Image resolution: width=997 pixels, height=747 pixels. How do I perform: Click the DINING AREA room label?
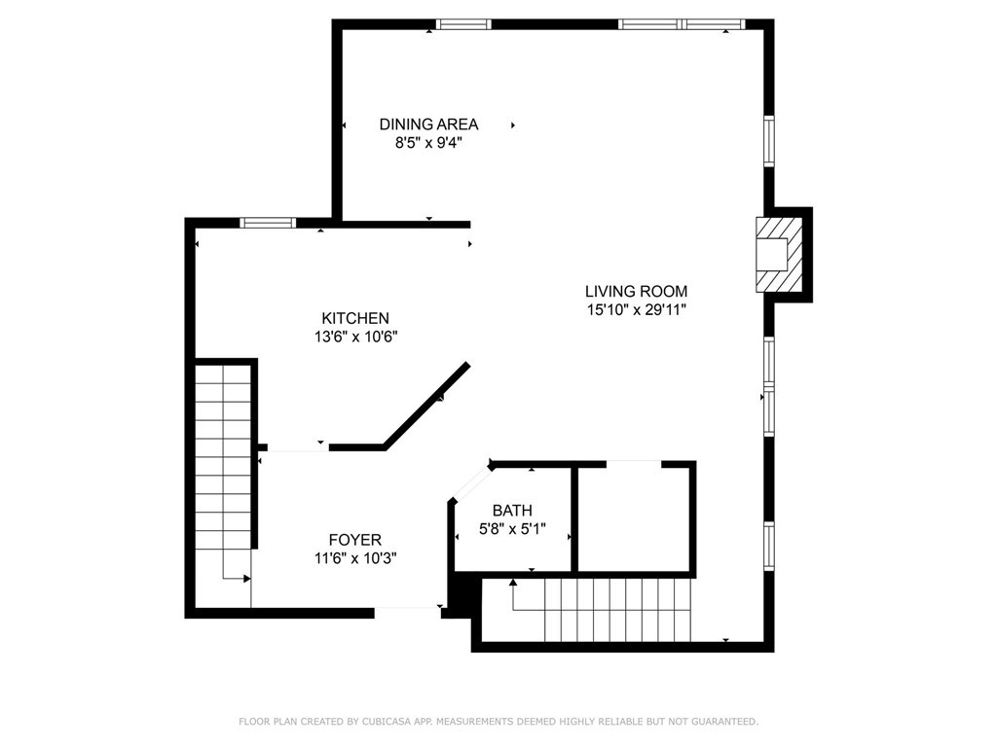click(x=428, y=124)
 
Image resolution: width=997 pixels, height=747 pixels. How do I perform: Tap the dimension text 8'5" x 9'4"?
click(x=428, y=143)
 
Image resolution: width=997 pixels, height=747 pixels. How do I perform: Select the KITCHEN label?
click(x=355, y=318)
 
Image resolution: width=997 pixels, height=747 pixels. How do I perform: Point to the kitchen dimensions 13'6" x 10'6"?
click(x=355, y=337)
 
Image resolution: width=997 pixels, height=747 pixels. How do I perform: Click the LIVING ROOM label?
click(x=637, y=292)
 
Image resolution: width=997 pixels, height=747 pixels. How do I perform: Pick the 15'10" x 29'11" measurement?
click(x=637, y=310)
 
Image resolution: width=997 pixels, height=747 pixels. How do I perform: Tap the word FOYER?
click(x=355, y=540)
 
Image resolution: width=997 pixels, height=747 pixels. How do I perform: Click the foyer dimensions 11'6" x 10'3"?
click(x=355, y=558)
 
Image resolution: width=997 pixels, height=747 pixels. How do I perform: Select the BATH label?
click(x=512, y=510)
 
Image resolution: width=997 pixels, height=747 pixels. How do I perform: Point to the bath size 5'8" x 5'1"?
click(x=512, y=528)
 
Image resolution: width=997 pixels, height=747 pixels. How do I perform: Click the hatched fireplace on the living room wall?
click(x=779, y=255)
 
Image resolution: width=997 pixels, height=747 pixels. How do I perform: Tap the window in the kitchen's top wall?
click(x=268, y=223)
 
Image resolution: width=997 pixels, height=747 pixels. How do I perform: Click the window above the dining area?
click(x=463, y=24)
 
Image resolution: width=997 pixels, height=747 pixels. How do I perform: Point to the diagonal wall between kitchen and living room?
click(x=426, y=406)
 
